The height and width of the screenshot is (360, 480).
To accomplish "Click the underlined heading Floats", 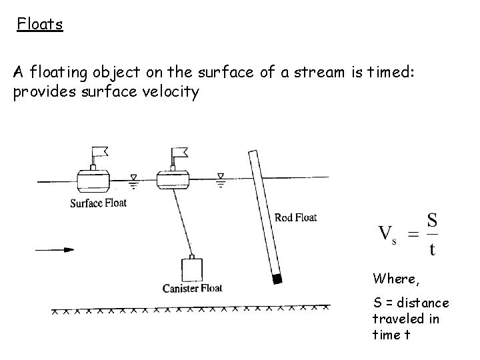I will (x=40, y=25).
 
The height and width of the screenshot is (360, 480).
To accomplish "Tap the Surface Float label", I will (x=98, y=203).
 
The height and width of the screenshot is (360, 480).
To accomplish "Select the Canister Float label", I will (x=192, y=288).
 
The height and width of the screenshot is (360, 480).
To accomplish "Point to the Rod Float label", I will (x=295, y=217).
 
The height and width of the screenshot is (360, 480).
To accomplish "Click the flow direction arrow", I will (x=54, y=250).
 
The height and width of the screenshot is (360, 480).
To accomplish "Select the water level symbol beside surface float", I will (x=133, y=177).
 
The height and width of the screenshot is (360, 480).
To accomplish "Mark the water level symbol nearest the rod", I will (x=221, y=177).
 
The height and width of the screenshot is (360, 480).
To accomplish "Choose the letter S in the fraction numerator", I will (x=432, y=220).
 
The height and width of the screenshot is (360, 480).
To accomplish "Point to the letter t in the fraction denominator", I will (x=433, y=249).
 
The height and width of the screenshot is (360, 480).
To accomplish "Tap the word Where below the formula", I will (x=396, y=278).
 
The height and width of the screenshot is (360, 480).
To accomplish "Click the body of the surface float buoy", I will (x=94, y=178).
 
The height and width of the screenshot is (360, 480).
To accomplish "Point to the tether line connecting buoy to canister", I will (x=181, y=223).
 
